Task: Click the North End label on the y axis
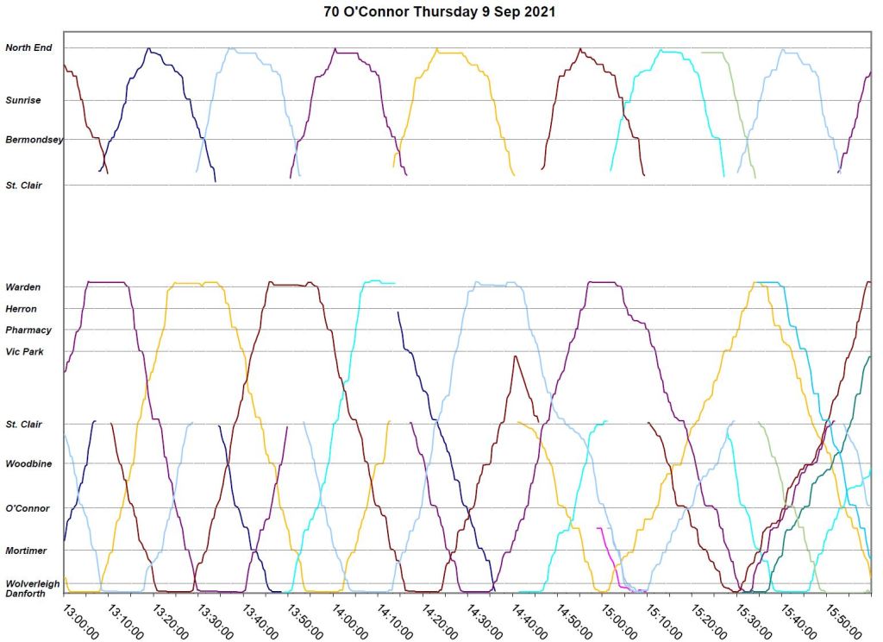click(x=29, y=47)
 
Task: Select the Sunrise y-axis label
click(x=23, y=100)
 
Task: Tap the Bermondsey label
click(x=34, y=139)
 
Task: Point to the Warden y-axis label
click(x=23, y=286)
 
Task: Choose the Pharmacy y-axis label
click(x=28, y=330)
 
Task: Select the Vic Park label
click(x=25, y=351)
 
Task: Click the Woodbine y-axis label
click(x=29, y=463)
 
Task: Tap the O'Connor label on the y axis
click(x=28, y=508)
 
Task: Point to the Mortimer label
click(x=27, y=550)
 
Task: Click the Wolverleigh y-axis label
click(x=33, y=583)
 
